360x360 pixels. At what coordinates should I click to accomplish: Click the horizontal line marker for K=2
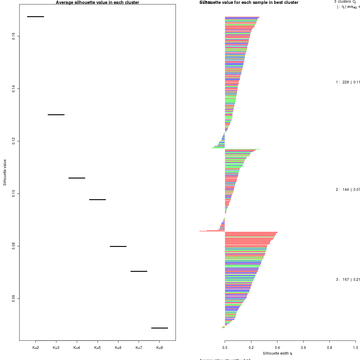(x=35, y=16)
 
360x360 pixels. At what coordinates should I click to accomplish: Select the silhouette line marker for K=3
(x=56, y=115)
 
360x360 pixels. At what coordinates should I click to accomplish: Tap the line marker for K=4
(x=77, y=178)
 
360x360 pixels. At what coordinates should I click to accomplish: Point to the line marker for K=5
(x=97, y=199)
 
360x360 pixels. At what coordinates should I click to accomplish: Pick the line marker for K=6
(x=118, y=246)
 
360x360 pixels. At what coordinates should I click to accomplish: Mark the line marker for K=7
(x=139, y=271)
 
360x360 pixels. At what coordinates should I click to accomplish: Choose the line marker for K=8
(x=160, y=328)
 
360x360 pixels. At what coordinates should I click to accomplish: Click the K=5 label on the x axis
(x=97, y=348)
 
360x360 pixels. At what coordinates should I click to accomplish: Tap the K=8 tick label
(x=160, y=348)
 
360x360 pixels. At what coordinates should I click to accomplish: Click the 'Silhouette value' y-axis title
(x=5, y=172)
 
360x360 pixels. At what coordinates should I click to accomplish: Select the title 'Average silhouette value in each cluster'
(x=97, y=2)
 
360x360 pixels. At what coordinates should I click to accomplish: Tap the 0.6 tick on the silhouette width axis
(x=303, y=348)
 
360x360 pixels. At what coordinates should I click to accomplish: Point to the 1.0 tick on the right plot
(x=355, y=348)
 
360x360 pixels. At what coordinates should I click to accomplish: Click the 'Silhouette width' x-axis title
(x=277, y=353)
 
